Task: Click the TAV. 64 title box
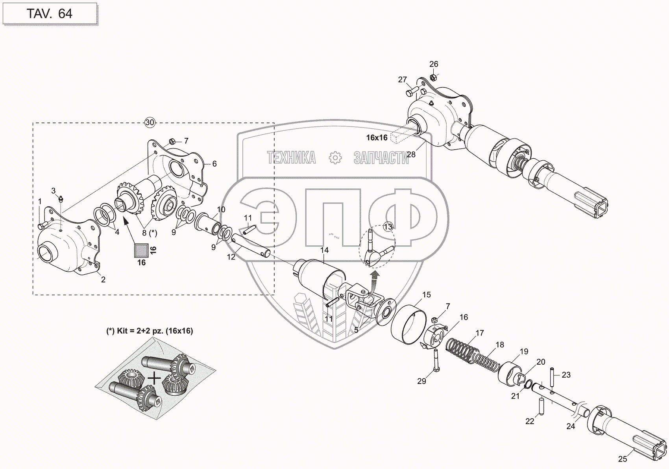(x=49, y=13)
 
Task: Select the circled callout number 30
(x=150, y=122)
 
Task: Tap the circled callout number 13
(x=388, y=226)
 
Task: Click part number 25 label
(x=622, y=459)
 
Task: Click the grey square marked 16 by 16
(x=141, y=250)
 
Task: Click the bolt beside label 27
(x=412, y=93)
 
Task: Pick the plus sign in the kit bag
(x=155, y=378)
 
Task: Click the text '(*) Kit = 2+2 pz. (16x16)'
(x=150, y=331)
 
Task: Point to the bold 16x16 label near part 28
(x=377, y=137)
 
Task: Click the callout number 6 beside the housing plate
(x=214, y=164)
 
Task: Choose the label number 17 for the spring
(x=479, y=333)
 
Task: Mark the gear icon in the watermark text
(x=335, y=158)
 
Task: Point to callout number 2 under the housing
(x=103, y=280)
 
